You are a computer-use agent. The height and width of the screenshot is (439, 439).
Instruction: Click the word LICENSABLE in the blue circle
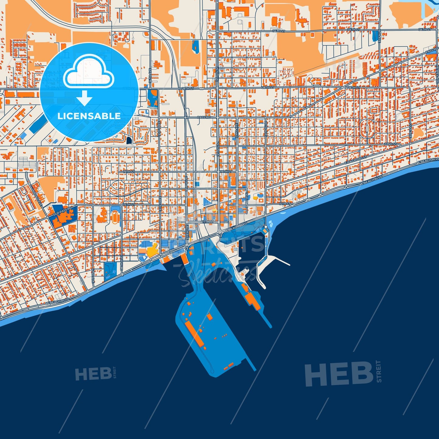(89, 116)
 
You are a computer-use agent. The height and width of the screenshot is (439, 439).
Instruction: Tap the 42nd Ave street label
(92, 276)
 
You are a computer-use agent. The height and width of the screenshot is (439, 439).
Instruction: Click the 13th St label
(208, 221)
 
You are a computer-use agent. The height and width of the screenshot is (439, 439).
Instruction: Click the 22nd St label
(390, 144)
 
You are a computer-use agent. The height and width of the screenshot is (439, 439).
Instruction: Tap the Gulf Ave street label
(410, 131)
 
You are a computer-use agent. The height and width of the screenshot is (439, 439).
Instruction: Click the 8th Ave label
(379, 36)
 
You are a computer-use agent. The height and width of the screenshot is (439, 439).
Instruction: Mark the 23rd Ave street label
(236, 131)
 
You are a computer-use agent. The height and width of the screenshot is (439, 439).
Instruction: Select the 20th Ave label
(266, 129)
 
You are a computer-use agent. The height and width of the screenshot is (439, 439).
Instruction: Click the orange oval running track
(115, 218)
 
